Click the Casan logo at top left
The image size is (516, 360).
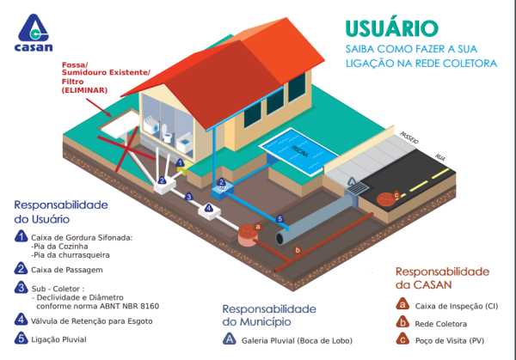[x=34, y=34]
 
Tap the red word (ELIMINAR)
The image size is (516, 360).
[x=84, y=89]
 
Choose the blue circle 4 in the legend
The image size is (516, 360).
[x=21, y=319]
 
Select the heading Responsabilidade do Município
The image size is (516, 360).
[x=274, y=314]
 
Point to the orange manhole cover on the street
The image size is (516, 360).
[x=394, y=198]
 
